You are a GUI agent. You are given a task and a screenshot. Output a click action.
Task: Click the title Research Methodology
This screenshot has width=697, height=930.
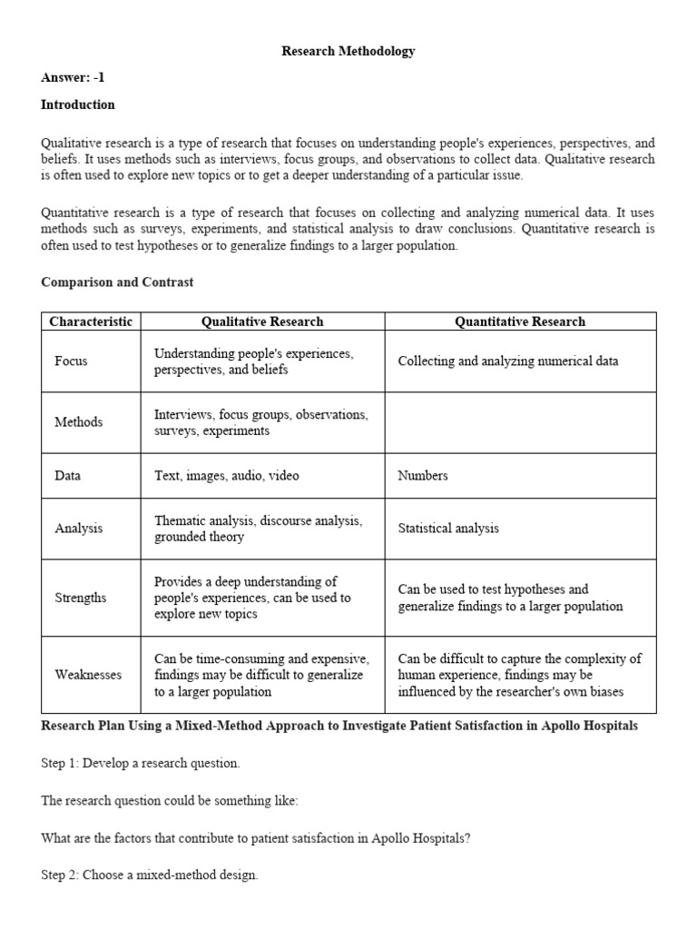coord(348,51)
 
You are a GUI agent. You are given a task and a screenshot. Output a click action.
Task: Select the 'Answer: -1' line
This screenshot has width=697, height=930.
coord(73,78)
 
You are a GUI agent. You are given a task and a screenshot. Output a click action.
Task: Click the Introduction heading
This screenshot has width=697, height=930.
coord(78,104)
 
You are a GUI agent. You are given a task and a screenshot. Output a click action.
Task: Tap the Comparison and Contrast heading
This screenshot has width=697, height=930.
coord(117,282)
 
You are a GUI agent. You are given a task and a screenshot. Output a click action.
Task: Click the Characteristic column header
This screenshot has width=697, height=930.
coord(91,322)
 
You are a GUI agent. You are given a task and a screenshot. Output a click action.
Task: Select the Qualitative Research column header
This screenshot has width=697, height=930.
coord(261,322)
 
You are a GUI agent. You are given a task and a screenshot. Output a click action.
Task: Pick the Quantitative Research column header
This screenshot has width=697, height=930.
coord(520,322)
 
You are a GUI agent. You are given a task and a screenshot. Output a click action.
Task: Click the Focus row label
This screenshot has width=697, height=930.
coord(71,361)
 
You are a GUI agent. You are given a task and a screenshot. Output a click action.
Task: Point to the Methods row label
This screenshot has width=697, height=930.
coord(78,422)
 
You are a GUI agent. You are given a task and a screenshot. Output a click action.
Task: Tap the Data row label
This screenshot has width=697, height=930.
coord(69,476)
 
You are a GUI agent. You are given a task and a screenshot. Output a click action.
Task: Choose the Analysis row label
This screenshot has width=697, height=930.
coord(78,529)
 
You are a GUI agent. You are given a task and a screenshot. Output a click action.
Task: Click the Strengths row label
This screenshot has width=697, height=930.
coord(80,598)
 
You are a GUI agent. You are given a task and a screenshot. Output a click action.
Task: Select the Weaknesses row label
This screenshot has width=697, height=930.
coord(88,675)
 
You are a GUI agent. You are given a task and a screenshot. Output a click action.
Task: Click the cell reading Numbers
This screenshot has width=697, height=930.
coord(423,476)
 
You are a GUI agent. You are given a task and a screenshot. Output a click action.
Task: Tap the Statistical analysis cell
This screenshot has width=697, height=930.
coord(448,529)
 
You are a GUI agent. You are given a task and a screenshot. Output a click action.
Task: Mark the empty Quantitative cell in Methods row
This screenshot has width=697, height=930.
coord(520,422)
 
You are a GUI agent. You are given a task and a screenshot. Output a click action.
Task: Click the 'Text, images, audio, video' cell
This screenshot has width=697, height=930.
coord(226,476)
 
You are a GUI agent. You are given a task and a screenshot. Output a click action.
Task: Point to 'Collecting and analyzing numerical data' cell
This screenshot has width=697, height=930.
coord(508,361)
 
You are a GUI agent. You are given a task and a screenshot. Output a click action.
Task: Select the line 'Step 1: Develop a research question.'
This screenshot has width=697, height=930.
coord(141,764)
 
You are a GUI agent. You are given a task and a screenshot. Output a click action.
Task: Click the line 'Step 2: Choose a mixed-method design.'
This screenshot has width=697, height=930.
coord(150,876)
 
